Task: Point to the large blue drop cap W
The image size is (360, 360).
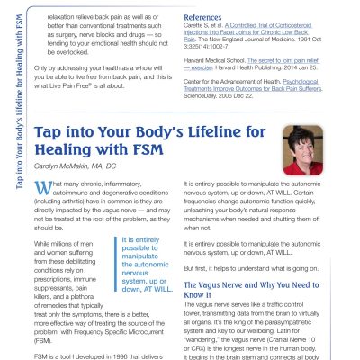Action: (x=41, y=188)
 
